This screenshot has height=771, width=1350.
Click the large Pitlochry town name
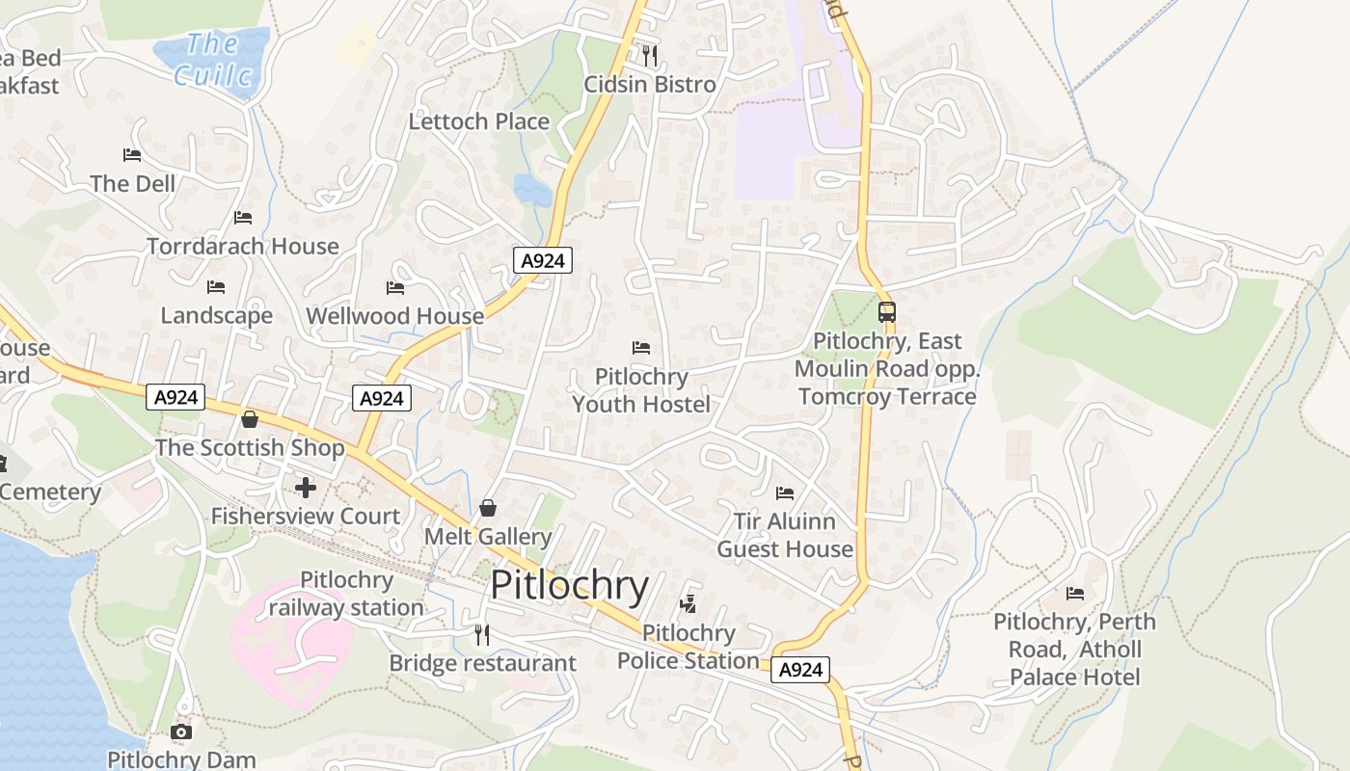(569, 586)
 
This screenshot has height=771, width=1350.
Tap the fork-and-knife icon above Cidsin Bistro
(650, 55)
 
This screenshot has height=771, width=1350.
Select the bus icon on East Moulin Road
(886, 312)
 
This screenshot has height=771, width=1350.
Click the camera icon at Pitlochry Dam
(180, 732)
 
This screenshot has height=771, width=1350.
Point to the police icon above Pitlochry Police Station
(688, 604)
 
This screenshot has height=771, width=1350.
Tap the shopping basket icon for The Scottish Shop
(250, 419)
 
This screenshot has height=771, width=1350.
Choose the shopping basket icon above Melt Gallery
(489, 508)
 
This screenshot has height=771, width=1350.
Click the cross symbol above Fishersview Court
(306, 488)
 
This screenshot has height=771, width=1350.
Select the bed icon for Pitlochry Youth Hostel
(641, 348)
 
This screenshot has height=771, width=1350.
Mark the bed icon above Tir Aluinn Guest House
(785, 493)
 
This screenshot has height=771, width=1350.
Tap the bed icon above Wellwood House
(394, 288)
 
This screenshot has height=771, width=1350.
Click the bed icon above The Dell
(132, 155)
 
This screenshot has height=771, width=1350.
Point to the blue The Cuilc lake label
(213, 59)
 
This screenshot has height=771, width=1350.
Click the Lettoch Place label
(478, 121)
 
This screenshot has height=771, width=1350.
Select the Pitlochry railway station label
(346, 594)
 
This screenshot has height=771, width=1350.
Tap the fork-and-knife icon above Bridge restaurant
(482, 634)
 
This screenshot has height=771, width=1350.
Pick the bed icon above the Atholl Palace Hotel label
(1075, 594)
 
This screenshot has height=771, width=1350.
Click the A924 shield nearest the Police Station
(799, 671)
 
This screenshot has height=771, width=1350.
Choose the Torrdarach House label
(243, 247)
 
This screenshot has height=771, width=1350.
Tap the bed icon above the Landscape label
(216, 287)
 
